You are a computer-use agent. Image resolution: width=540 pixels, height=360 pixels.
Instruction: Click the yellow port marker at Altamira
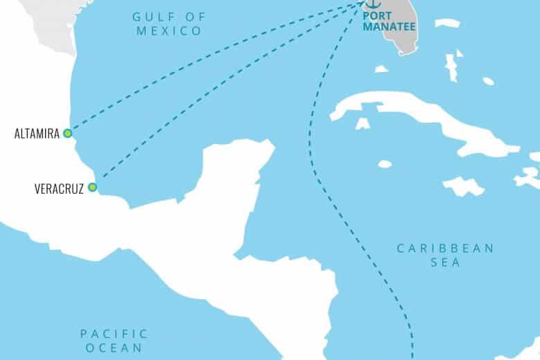tap(67, 133)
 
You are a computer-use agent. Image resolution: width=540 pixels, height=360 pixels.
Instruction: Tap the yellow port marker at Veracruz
tap(91, 187)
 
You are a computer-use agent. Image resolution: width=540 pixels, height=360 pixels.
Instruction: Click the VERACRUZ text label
tap(58, 188)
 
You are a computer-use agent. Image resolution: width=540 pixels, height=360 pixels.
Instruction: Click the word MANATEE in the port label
tap(386, 27)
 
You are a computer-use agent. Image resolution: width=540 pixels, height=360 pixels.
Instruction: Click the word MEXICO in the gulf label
tap(169, 30)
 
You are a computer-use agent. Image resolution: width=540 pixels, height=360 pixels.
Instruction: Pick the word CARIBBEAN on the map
tap(445, 248)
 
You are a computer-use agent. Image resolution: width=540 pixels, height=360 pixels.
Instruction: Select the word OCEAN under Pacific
tap(115, 348)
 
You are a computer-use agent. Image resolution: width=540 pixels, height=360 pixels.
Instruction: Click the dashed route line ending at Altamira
tap(208, 69)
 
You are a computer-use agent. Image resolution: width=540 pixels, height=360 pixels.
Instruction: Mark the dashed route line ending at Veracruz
tap(228, 97)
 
